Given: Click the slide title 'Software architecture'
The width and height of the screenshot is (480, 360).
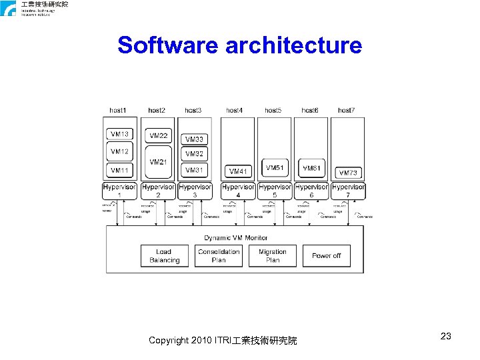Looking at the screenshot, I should (239, 45).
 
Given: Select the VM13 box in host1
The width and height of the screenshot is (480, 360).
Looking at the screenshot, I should (119, 135).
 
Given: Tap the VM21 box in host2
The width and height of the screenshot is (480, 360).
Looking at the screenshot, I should (159, 162).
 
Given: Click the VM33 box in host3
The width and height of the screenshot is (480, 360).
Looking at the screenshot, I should (195, 139).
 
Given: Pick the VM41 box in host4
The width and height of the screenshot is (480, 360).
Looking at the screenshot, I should (238, 171).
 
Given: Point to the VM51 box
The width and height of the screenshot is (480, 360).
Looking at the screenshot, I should (274, 168).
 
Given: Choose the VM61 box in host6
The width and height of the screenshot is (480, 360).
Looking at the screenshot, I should (311, 168).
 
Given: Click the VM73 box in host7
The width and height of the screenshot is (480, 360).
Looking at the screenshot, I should (348, 173).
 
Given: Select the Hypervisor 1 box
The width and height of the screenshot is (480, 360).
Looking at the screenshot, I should (119, 191).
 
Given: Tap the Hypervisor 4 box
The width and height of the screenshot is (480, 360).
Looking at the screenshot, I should (238, 191).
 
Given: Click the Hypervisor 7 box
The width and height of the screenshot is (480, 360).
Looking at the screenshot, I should (348, 191).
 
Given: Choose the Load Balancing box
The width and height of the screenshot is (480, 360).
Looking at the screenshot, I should (164, 256).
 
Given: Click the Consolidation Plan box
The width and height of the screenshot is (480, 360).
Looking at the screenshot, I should (219, 256).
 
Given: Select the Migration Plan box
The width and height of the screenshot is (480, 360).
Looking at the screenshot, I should (273, 256).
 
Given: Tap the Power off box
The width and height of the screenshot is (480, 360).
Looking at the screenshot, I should (326, 256).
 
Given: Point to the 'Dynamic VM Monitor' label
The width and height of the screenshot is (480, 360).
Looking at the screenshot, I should (235, 237).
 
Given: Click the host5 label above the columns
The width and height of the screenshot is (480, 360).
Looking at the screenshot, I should (273, 110).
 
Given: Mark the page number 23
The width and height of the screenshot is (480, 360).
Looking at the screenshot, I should (446, 336).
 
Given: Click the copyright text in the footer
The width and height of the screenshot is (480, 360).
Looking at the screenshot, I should (223, 341).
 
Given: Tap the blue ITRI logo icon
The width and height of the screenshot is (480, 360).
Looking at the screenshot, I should (9, 8).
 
